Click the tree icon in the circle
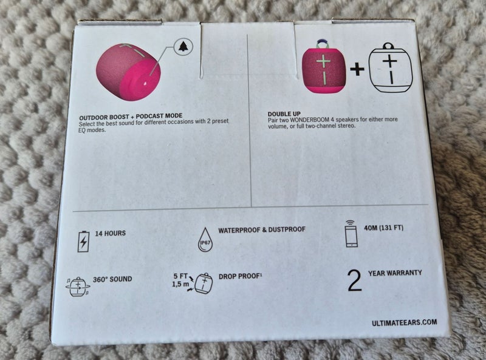(183, 47)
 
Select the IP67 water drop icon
(207, 240)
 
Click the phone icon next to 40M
(352, 234)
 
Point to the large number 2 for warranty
(354, 280)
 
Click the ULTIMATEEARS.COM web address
(404, 323)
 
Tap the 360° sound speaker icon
(77, 285)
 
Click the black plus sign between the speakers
(357, 70)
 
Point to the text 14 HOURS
(111, 233)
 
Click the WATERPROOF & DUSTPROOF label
(261, 229)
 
